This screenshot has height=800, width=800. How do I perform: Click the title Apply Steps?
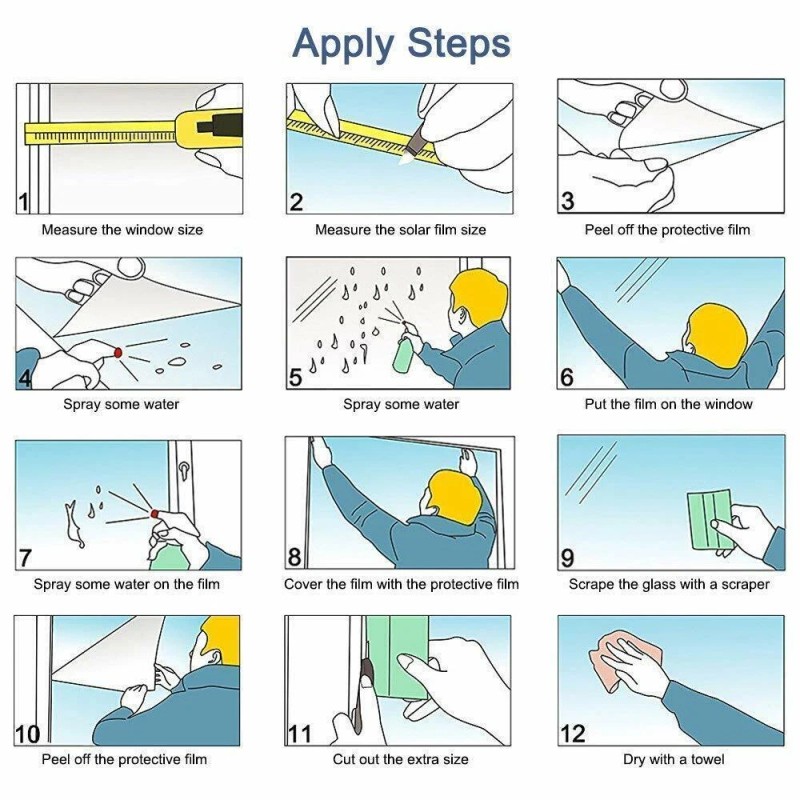coord(401,44)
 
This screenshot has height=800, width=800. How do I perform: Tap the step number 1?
coord(23,202)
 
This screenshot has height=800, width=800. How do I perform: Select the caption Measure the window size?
coord(122,230)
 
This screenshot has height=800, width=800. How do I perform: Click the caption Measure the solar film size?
coord(401,230)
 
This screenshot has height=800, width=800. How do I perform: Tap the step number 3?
coord(567,201)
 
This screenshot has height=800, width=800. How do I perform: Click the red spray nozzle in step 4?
coord(118,352)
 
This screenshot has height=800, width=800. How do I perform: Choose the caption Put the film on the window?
coord(668,404)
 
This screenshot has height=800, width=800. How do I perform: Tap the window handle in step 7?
coord(183,472)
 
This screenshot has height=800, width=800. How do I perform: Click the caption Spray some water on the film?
coord(127,584)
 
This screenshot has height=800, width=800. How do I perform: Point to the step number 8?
coord(294,557)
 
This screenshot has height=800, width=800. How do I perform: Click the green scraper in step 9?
coord(710,520)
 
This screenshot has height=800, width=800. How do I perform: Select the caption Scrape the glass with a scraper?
coord(669,584)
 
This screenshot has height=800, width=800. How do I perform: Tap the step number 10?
coord(27,734)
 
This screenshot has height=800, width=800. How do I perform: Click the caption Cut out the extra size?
coord(401,759)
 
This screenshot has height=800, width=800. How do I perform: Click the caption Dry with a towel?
coord(673,759)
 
